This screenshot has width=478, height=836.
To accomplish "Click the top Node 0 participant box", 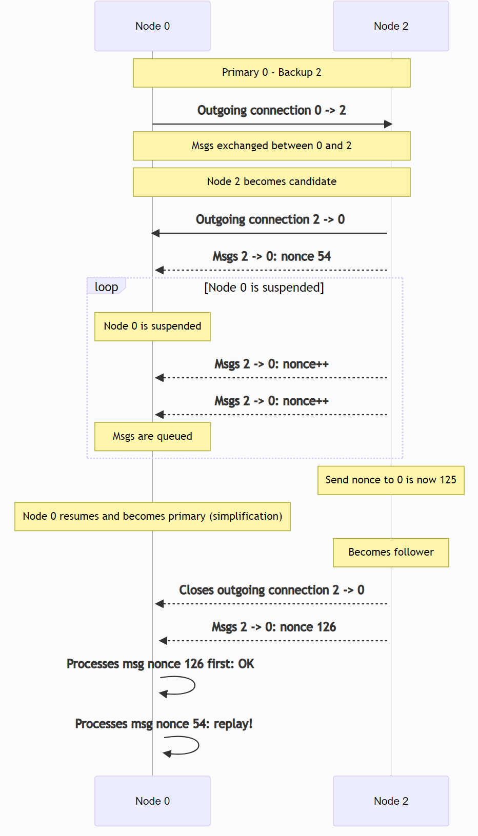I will tap(152, 26).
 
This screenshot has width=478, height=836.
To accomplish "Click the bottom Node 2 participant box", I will tap(391, 801).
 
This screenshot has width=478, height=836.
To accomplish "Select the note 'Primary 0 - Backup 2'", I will tap(271, 73).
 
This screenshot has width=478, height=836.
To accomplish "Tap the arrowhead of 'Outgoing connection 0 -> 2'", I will tap(388, 124).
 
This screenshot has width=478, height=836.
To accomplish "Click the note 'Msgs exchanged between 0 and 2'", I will tap(271, 146).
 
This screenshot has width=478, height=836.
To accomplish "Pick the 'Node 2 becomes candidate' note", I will tap(271, 182).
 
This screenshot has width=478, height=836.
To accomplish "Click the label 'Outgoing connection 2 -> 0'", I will tap(270, 220).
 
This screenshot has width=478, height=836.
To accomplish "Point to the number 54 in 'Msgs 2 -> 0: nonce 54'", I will tap(324, 256).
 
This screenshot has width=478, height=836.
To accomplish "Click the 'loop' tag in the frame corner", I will tap(106, 287).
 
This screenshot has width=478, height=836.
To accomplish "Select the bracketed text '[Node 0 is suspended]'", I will tap(264, 288).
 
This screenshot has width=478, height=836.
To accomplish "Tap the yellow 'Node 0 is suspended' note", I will tap(152, 327).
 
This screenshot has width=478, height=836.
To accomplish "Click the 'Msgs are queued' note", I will tap(152, 437).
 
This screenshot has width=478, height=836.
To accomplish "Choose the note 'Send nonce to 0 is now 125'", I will tap(391, 480).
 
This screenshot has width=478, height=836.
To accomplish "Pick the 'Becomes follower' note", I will tap(391, 553).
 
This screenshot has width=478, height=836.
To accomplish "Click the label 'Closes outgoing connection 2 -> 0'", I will tap(271, 590).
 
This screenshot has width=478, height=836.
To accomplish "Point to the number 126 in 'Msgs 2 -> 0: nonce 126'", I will tap(326, 627).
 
